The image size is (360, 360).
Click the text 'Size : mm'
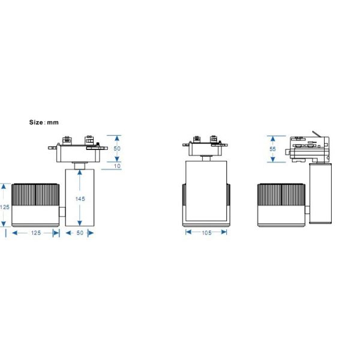[44, 122]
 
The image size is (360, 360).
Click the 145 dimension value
[80, 199]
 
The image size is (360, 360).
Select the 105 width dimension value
[206, 233]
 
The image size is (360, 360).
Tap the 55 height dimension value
[272, 149]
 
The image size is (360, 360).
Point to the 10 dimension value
[117, 166]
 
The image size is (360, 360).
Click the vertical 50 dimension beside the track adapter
[117, 149]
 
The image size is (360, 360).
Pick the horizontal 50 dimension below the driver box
[80, 233]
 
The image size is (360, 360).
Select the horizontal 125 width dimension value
[36, 233]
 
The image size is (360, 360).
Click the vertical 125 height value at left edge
[5, 207]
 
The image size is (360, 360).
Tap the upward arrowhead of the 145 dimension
[80, 172]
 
